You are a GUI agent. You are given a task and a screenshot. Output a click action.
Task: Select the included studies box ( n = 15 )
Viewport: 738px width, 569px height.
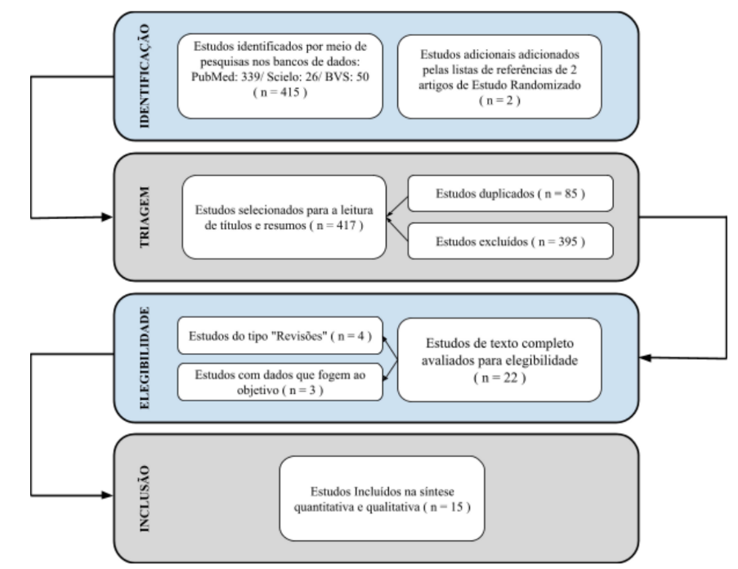pos(382,498)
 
